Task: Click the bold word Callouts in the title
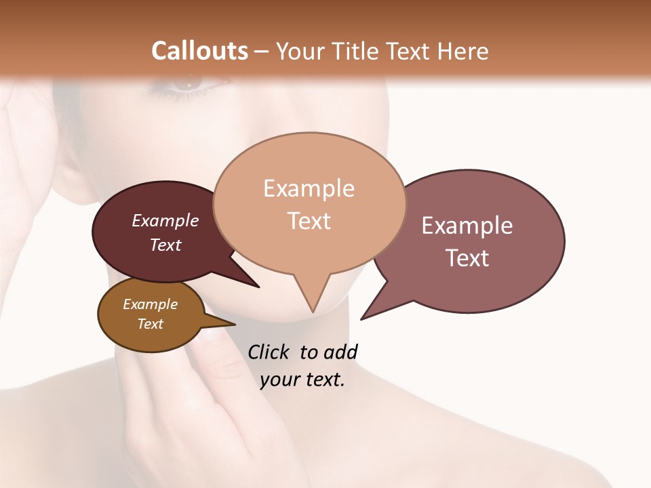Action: (199, 51)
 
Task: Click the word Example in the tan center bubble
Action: (309, 188)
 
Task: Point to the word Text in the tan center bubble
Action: (309, 221)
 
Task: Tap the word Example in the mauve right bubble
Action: (467, 226)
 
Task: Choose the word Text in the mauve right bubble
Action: (467, 258)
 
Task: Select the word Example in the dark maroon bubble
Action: (165, 220)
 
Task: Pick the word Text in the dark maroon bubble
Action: (165, 245)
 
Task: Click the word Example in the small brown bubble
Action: (150, 304)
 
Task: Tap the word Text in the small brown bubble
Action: (150, 324)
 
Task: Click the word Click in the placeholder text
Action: (269, 352)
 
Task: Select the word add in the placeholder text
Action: (340, 352)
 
